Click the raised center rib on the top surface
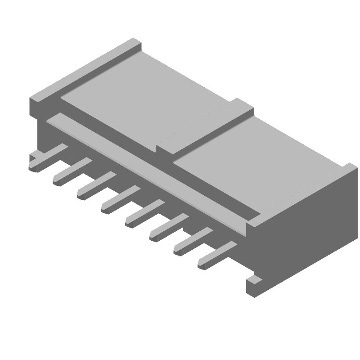[205, 128]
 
